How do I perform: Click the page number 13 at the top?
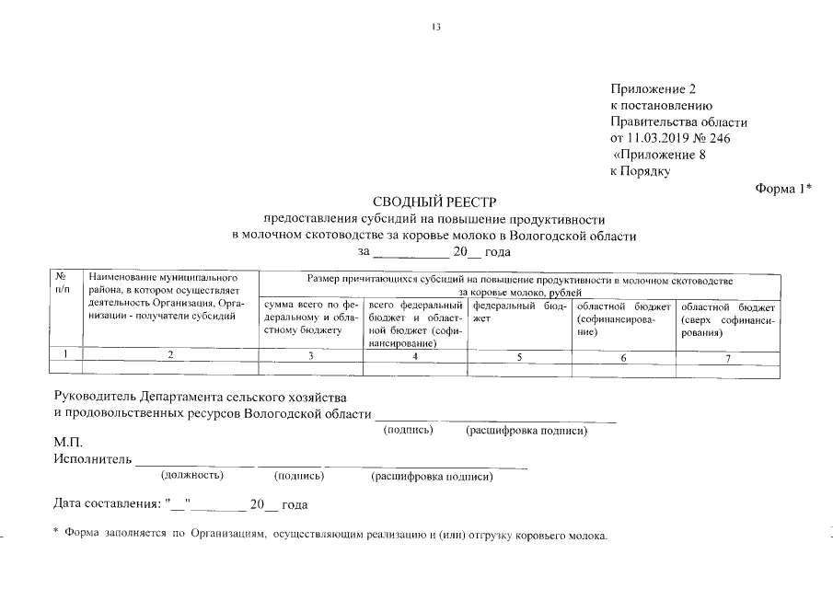(x=436, y=27)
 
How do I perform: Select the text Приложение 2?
(x=653, y=89)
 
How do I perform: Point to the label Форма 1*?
(x=782, y=189)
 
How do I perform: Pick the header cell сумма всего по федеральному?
(x=311, y=317)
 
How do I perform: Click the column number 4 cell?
(x=416, y=356)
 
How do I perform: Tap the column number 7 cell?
(x=727, y=357)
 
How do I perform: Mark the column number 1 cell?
(x=64, y=355)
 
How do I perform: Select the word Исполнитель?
(x=93, y=458)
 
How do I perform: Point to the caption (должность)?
(x=191, y=476)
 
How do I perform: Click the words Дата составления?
(x=106, y=505)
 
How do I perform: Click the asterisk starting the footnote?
(x=56, y=534)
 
